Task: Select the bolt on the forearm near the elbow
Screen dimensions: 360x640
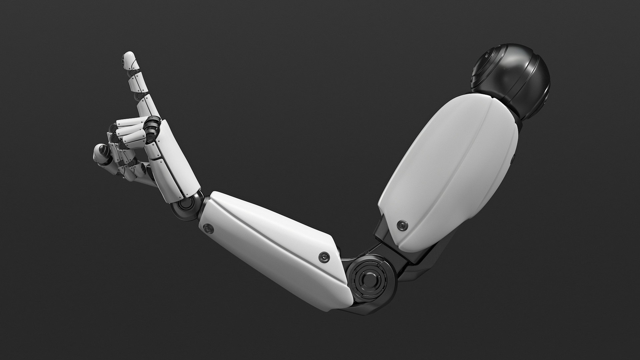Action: [323, 256]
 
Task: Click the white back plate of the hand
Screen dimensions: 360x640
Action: [173, 160]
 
